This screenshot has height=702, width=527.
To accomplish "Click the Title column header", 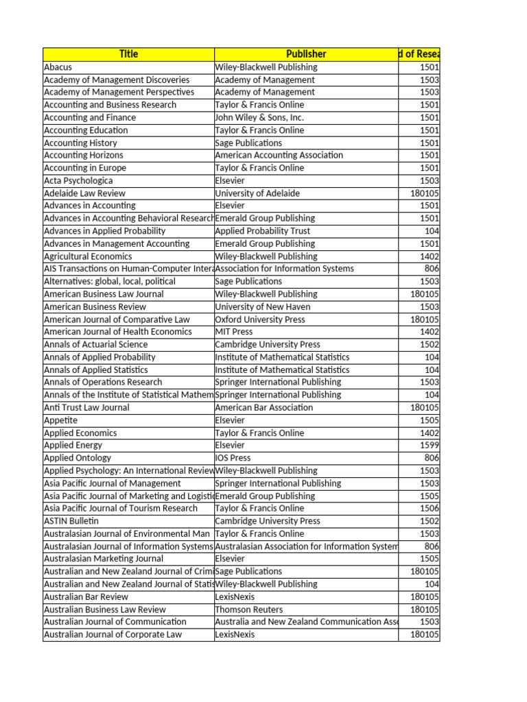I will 128,54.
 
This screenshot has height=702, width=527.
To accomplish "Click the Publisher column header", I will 306,54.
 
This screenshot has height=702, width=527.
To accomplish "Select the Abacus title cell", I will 58,67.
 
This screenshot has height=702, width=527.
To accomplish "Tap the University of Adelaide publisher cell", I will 257,193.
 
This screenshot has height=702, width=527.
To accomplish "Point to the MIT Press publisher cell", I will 234,332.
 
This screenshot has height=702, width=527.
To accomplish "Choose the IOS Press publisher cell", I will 233,458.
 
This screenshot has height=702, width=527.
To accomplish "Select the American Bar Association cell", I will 263,407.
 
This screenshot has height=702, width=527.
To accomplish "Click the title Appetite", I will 61,420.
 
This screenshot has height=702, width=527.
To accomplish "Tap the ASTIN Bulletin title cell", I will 71,521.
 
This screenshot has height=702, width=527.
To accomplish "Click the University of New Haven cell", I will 263,306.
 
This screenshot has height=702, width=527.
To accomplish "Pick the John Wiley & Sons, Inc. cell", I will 259,117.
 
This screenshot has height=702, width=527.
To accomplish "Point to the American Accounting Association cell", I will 279,155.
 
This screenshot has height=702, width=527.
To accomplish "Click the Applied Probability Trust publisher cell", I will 263,231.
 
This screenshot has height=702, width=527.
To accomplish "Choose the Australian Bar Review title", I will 86,596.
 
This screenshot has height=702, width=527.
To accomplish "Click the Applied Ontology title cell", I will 78,458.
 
